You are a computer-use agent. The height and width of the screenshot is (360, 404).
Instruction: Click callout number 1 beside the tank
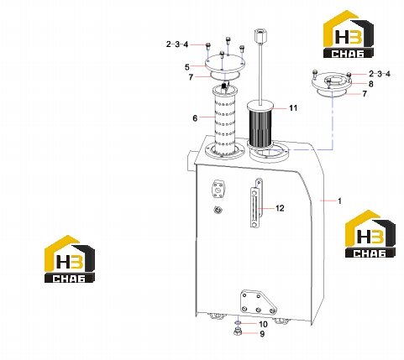point(339,201)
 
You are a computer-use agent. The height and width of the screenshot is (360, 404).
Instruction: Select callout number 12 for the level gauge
point(280,208)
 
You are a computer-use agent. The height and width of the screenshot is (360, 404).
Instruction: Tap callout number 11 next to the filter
point(293,108)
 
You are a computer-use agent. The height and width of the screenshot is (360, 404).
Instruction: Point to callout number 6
point(195,118)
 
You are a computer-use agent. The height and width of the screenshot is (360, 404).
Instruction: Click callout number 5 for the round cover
point(187,67)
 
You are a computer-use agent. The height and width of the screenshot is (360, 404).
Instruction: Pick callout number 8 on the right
point(370,84)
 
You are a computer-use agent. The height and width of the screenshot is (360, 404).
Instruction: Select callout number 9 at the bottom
point(262,334)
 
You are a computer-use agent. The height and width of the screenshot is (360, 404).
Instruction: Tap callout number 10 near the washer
point(263,324)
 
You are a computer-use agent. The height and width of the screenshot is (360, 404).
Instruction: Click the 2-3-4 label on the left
point(177,44)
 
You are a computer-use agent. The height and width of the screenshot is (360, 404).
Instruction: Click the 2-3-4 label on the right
point(380,74)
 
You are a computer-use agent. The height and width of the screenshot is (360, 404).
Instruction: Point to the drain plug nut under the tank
point(238,332)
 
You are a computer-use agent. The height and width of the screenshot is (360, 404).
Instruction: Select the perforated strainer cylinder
point(224,120)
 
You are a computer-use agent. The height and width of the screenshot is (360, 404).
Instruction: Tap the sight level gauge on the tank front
point(254,207)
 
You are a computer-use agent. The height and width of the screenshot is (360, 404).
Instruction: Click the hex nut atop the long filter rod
point(259,35)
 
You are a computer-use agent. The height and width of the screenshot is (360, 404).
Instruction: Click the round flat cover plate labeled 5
point(225,65)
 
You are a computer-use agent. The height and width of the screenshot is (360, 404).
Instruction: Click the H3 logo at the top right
point(349,34)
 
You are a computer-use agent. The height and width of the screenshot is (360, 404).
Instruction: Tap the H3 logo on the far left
point(70,258)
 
